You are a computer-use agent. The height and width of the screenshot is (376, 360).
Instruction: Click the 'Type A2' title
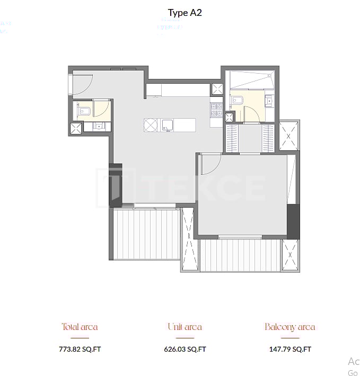185,13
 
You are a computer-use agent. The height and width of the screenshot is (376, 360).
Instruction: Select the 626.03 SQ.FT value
185,349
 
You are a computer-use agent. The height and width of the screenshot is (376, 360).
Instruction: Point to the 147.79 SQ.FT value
289,349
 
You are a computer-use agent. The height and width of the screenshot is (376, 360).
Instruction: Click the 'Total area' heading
80,327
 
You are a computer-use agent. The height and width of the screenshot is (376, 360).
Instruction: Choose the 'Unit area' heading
185,327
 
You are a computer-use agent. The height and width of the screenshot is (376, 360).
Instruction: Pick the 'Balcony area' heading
289,327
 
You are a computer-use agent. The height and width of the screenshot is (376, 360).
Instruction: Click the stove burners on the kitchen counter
216,110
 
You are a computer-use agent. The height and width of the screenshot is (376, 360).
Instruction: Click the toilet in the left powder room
84,111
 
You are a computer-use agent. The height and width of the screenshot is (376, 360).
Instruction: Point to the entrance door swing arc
84,82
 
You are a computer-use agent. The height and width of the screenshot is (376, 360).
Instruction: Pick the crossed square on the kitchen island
151,125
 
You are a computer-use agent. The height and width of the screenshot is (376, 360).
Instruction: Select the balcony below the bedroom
240,255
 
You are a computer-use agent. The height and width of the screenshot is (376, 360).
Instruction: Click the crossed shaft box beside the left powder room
76,128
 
